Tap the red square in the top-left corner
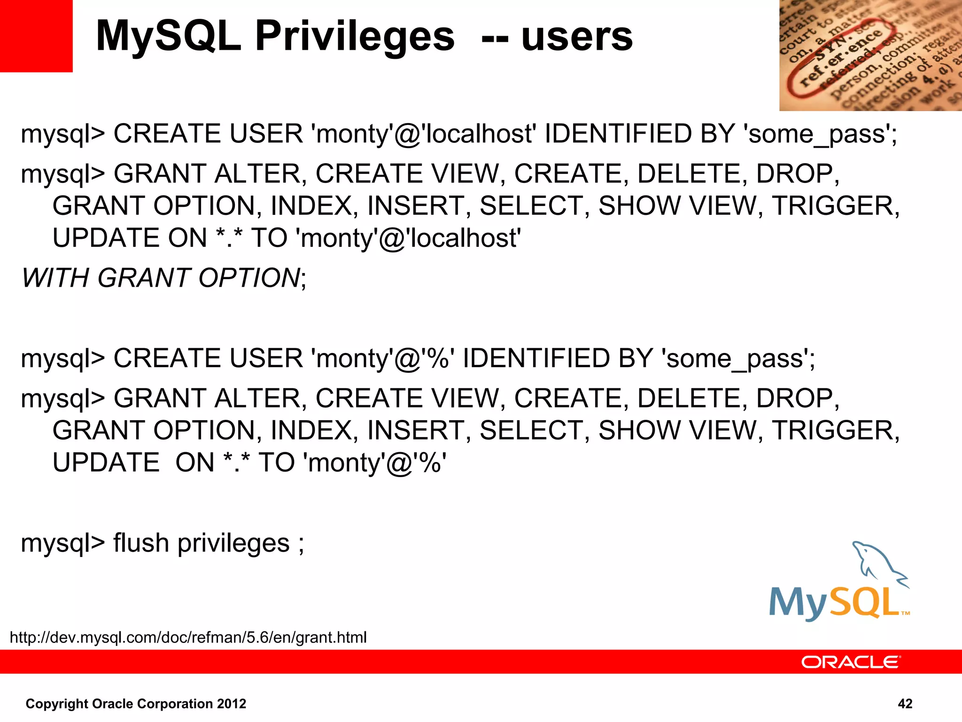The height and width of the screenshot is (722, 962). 36,36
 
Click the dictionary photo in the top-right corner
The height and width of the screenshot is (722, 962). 870,55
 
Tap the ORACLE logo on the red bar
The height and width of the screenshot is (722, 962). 850,662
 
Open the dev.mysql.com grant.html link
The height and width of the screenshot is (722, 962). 188,637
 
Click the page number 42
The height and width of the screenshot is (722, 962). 905,704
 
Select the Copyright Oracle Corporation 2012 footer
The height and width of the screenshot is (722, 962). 136,704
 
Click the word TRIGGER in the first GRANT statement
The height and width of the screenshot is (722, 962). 835,206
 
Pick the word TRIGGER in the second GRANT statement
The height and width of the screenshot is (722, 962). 835,431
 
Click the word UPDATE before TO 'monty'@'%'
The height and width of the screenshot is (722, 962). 106,463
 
